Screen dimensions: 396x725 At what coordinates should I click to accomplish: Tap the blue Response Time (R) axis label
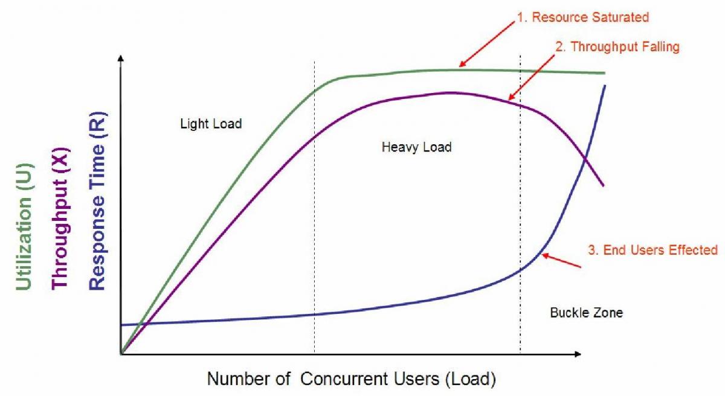point(97,201)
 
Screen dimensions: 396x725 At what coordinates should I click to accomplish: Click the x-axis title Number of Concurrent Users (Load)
point(352,379)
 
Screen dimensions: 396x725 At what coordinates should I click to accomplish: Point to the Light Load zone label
point(211,124)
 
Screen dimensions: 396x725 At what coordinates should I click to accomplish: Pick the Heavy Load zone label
point(416,147)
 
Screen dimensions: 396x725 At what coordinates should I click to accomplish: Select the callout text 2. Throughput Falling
point(617,46)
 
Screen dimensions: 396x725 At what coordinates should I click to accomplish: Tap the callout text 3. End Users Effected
point(652,249)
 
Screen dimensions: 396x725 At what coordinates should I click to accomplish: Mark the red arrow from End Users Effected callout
point(562,260)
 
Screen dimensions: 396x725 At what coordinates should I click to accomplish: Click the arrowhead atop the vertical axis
point(121,59)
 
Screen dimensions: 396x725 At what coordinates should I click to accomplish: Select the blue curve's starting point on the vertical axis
point(122,325)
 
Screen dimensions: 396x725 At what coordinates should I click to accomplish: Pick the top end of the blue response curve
point(604,86)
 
